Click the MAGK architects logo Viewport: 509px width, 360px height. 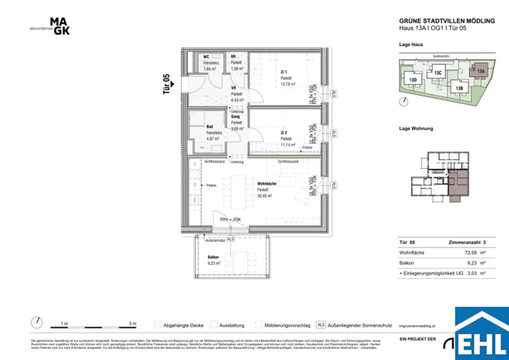pos(60,26)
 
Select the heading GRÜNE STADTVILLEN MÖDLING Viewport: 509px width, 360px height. pos(447,21)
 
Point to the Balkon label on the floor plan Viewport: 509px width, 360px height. pos(213,257)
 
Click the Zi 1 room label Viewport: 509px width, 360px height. pos(284,72)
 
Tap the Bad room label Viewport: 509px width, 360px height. pos(210,126)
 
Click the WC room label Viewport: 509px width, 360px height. pos(206,57)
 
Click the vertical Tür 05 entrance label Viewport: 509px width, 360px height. pos(167,84)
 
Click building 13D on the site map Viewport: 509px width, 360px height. pos(412,80)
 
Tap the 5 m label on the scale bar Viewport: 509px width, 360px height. pos(132,324)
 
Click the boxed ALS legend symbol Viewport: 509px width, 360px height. pos(321,325)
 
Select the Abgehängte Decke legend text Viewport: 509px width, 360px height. pos(183,326)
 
